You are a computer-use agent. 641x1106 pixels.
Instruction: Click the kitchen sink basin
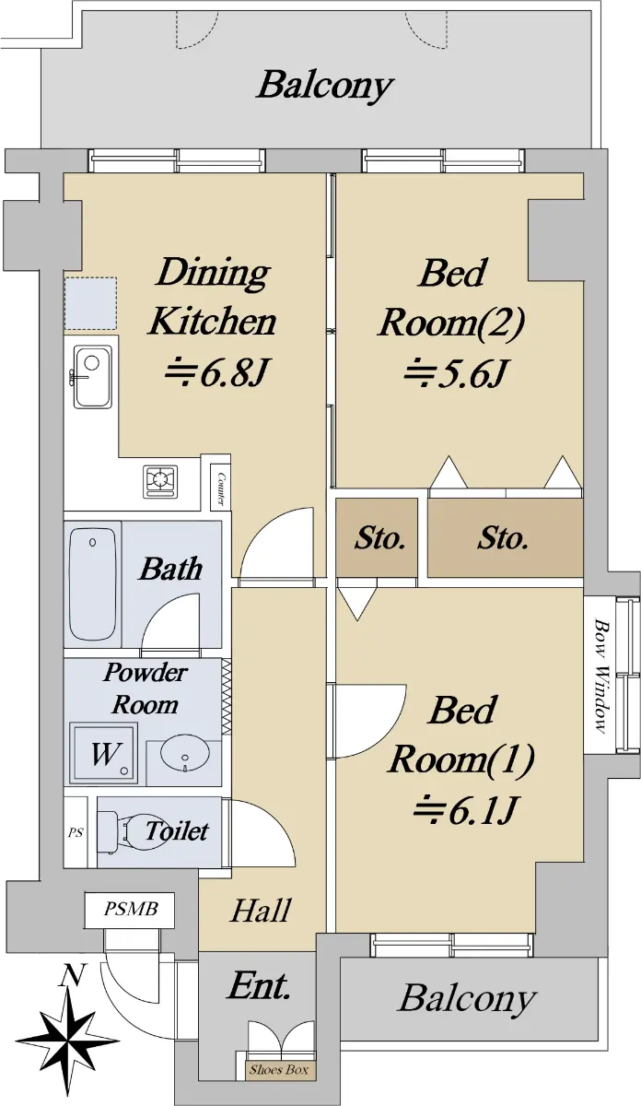(92, 376)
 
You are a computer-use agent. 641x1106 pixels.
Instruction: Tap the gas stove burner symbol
(160, 481)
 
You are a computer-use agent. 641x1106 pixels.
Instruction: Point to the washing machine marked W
(104, 752)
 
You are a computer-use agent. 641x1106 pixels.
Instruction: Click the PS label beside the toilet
(76, 833)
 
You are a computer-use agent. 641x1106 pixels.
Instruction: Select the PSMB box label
(130, 909)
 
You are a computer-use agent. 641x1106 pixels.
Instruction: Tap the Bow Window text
(600, 676)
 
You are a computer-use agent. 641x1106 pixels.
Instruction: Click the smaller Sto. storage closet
(377, 537)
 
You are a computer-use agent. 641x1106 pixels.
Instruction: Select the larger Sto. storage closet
(505, 537)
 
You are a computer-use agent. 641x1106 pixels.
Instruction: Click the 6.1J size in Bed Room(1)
(464, 810)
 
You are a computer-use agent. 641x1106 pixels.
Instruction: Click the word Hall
(261, 911)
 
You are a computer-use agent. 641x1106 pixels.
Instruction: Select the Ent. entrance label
(258, 986)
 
